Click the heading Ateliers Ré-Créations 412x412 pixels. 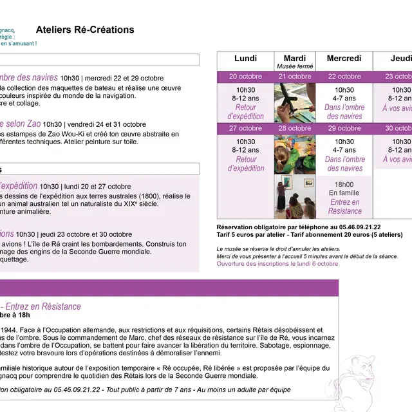[85, 30]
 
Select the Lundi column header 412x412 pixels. [245, 59]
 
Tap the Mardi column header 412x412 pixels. [295, 59]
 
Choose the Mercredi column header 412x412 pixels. [344, 59]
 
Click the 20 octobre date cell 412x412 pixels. [245, 77]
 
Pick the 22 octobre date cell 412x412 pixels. [344, 77]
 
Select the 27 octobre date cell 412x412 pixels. [245, 128]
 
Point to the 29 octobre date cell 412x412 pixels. [344, 128]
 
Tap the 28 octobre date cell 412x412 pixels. [295, 128]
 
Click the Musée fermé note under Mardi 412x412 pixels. [295, 66]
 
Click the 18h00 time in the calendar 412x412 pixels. [344, 183]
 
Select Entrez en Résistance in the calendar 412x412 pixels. [344, 207]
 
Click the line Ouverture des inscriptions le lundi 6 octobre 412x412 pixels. [277, 264]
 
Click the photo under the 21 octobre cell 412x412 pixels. [295, 102]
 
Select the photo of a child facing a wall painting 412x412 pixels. [295, 197]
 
